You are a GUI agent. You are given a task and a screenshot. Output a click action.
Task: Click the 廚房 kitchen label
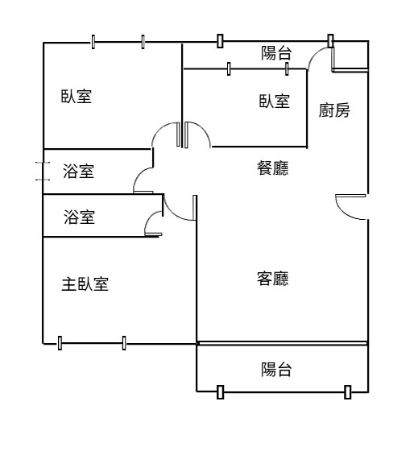(334, 110)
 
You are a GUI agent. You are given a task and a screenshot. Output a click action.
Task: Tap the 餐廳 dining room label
(273, 168)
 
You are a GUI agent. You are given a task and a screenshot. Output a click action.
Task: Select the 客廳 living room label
(273, 278)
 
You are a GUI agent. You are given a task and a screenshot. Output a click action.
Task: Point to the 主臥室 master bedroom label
(85, 283)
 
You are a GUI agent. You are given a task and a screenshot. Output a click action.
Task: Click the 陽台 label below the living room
(276, 370)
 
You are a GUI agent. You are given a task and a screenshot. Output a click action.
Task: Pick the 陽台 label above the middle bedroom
(276, 53)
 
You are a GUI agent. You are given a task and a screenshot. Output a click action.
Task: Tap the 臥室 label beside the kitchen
(275, 101)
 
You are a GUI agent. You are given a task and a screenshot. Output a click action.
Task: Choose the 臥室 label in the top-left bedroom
(77, 97)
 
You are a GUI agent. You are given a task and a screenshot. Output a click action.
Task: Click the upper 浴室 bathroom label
(79, 171)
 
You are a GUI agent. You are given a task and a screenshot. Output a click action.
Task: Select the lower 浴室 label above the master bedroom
(80, 217)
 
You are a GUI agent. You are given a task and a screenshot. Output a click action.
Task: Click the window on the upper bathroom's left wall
(43, 171)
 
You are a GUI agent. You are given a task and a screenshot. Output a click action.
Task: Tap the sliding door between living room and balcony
(283, 343)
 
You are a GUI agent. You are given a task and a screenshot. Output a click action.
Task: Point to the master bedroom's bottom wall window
(92, 343)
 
